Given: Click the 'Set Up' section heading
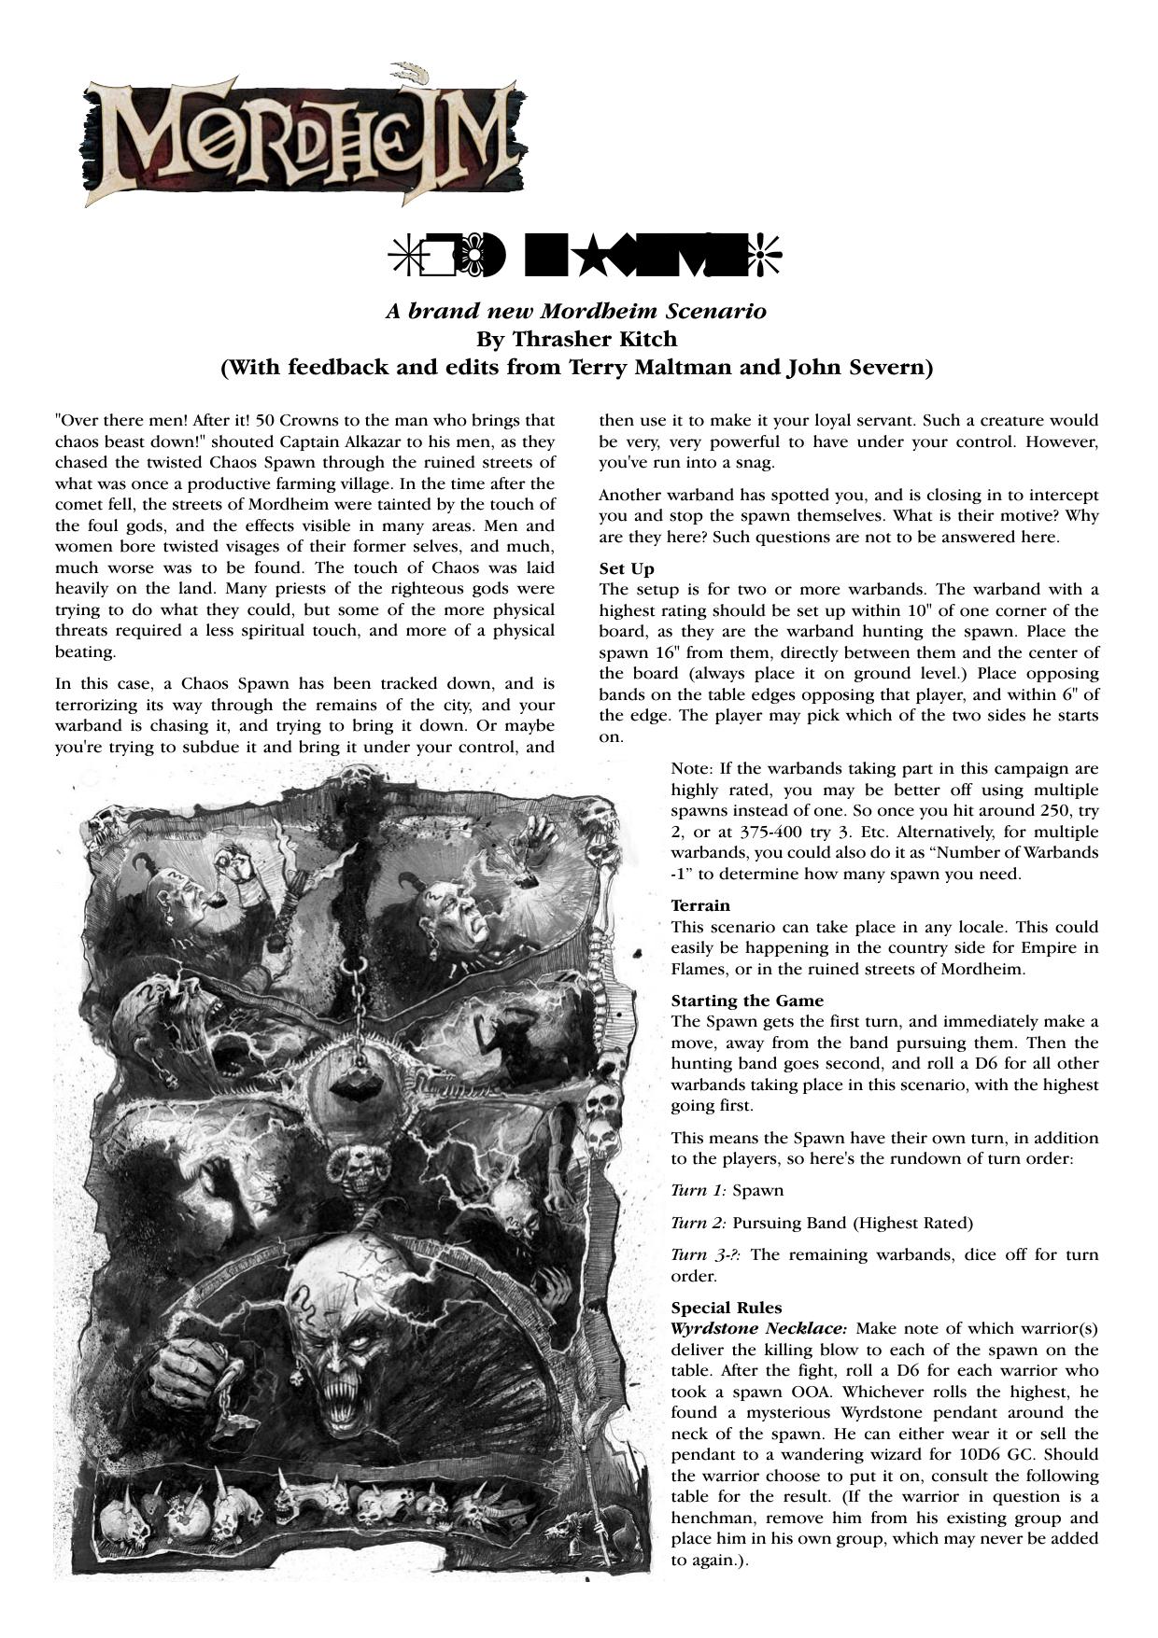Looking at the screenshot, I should click(x=626, y=568).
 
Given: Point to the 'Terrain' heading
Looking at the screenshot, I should click(x=699, y=905).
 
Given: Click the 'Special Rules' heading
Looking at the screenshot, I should click(x=726, y=1308).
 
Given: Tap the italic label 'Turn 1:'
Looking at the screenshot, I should click(x=698, y=1191).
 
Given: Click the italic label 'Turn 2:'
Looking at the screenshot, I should click(x=698, y=1223).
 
